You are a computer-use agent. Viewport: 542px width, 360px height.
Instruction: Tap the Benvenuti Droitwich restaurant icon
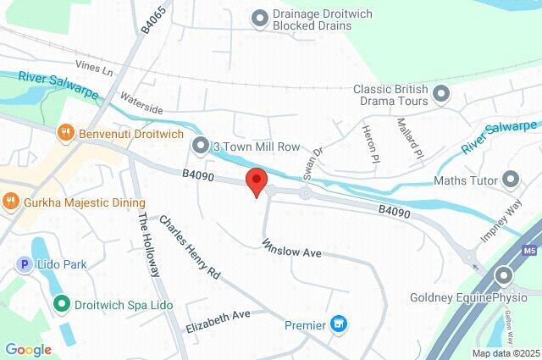(x=65, y=133)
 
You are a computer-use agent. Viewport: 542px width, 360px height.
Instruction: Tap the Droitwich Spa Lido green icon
(x=61, y=302)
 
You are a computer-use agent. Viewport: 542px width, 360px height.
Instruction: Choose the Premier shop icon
(x=340, y=324)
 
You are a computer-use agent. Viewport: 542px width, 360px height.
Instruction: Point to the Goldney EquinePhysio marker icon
(x=505, y=275)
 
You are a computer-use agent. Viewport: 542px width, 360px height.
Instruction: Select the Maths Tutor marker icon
(x=510, y=179)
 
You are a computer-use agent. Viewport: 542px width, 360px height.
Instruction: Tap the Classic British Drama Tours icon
(x=440, y=92)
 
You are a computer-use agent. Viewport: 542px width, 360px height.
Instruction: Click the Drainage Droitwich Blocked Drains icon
(x=259, y=16)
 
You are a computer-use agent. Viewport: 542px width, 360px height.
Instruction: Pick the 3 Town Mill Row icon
(x=200, y=147)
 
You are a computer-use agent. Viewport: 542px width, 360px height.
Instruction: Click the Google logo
(x=28, y=349)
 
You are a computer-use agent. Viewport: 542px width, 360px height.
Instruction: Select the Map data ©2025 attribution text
(x=506, y=353)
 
